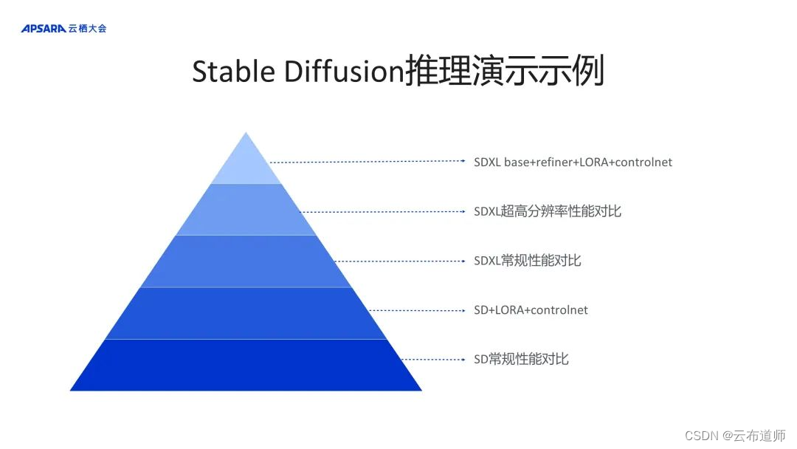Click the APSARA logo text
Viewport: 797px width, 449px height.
click(44, 29)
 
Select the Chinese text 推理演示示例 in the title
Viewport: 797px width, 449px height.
click(505, 72)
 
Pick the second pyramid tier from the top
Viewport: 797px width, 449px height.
click(246, 210)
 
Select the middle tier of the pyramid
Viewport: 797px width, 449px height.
click(246, 261)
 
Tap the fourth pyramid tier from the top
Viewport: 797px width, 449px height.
click(246, 313)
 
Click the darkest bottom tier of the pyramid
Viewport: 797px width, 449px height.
click(246, 365)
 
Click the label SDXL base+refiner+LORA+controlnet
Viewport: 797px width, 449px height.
click(573, 162)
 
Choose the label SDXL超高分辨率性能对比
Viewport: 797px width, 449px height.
click(547, 211)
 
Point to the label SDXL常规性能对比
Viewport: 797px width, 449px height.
click(527, 261)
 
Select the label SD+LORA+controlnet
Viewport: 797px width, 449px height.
click(531, 310)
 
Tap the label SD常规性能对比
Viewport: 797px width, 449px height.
click(521, 360)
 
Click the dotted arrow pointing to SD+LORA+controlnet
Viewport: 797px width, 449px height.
click(417, 310)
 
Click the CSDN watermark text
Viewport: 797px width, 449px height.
click(702, 436)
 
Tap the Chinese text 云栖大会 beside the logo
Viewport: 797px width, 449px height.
click(87, 29)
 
